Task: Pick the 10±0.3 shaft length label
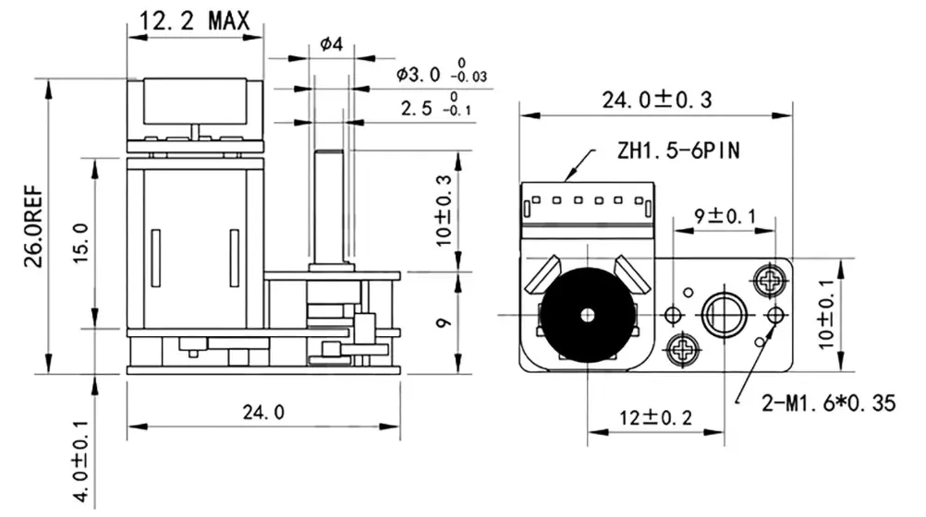[x=445, y=210]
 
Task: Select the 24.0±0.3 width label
[x=657, y=101]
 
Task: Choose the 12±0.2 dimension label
[x=655, y=417]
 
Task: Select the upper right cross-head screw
[x=769, y=278]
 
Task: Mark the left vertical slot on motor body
[x=155, y=258]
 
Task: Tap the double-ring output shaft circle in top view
[x=723, y=315]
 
